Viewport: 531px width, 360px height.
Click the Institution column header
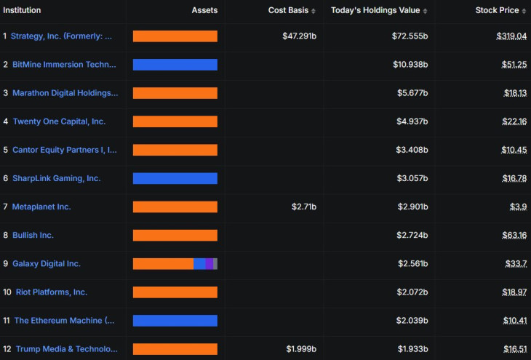tap(22, 10)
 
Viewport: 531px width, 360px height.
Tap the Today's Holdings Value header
tap(375, 10)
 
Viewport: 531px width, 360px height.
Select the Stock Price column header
tap(498, 10)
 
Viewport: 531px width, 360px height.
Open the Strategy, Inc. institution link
tap(62, 36)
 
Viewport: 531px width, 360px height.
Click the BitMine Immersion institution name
tap(64, 64)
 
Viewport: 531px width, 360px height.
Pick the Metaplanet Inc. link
tap(41, 207)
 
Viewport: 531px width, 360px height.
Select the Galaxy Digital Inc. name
tap(47, 263)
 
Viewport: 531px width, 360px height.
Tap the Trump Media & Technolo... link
tap(66, 349)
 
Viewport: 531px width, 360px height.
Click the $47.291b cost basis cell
tap(300, 36)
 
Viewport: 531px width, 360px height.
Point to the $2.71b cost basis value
tap(304, 207)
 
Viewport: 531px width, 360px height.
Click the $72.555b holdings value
tap(410, 36)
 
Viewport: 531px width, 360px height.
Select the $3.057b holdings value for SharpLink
tap(412, 178)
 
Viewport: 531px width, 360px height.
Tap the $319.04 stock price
tap(513, 36)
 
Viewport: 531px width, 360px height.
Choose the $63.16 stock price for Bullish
tap(515, 235)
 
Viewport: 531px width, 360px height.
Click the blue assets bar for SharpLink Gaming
tap(175, 178)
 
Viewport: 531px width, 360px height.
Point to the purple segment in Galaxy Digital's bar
tap(209, 263)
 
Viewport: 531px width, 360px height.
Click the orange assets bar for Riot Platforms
tap(175, 292)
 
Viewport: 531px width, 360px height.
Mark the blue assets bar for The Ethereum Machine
tap(175, 320)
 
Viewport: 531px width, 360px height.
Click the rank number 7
tap(5, 207)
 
